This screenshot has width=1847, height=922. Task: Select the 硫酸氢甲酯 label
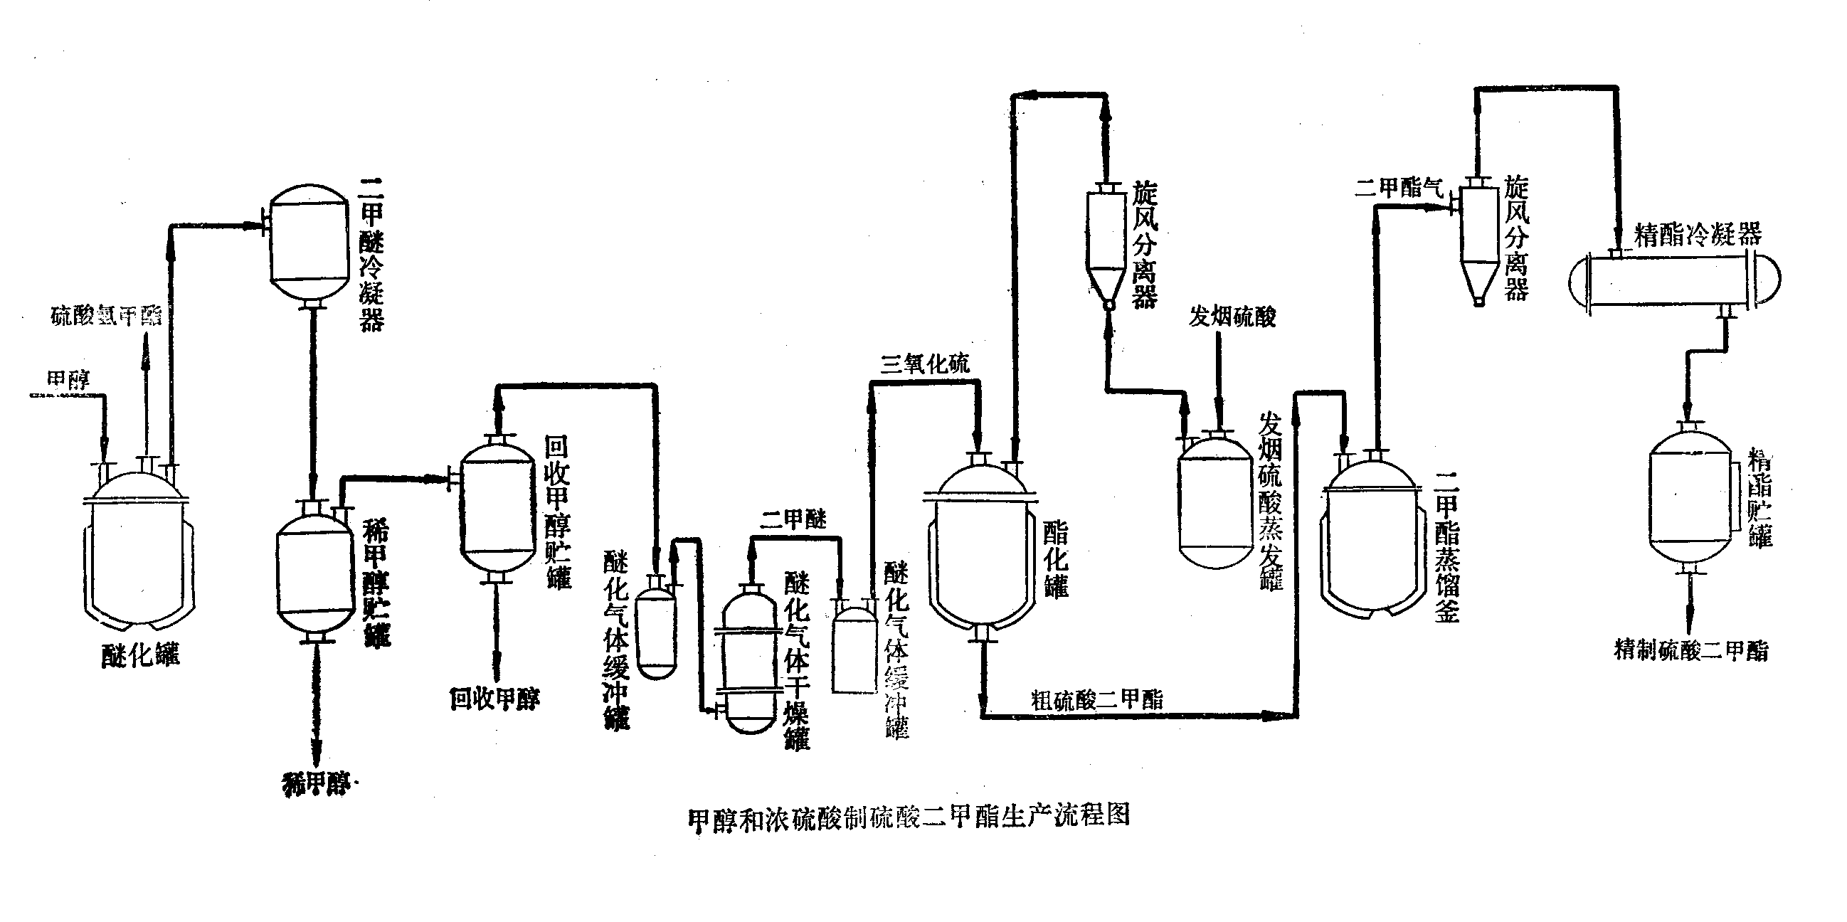click(106, 315)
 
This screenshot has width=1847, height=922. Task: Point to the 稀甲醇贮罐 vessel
click(315, 573)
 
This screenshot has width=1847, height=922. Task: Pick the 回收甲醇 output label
click(494, 699)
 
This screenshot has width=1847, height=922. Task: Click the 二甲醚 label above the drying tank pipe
click(794, 520)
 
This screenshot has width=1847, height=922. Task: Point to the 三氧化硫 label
click(925, 364)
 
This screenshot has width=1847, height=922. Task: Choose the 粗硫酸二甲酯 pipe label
click(1097, 700)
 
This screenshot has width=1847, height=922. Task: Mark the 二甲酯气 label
click(1398, 188)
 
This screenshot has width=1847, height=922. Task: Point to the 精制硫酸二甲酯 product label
click(1690, 651)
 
